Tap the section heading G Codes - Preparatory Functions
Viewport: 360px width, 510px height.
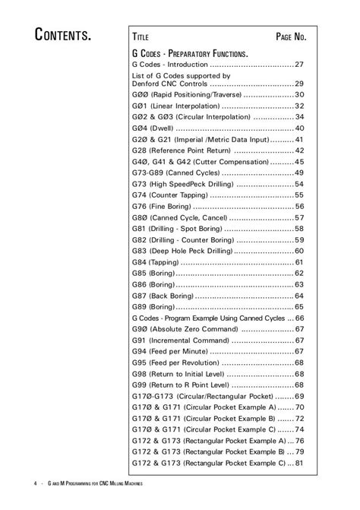[x=190, y=55]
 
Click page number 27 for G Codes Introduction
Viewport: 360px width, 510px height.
[x=299, y=65]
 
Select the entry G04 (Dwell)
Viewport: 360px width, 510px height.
[x=148, y=128]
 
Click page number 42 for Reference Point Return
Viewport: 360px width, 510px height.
[x=299, y=150]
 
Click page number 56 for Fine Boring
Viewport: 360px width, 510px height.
[x=299, y=207]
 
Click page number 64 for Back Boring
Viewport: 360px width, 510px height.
[x=299, y=296]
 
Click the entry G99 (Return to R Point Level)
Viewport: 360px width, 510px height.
[x=182, y=385]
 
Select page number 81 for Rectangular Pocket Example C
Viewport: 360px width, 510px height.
[x=299, y=463]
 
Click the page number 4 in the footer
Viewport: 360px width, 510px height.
[x=35, y=483]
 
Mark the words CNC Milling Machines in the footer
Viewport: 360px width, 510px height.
[x=122, y=483]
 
